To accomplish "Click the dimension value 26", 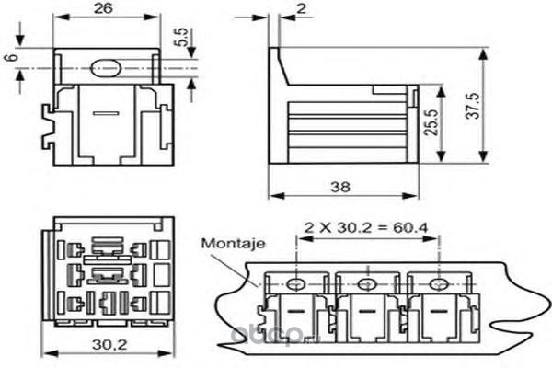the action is pos(103,8).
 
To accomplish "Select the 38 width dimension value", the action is pos(339,186).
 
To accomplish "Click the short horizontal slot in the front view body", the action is pos(105,113).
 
